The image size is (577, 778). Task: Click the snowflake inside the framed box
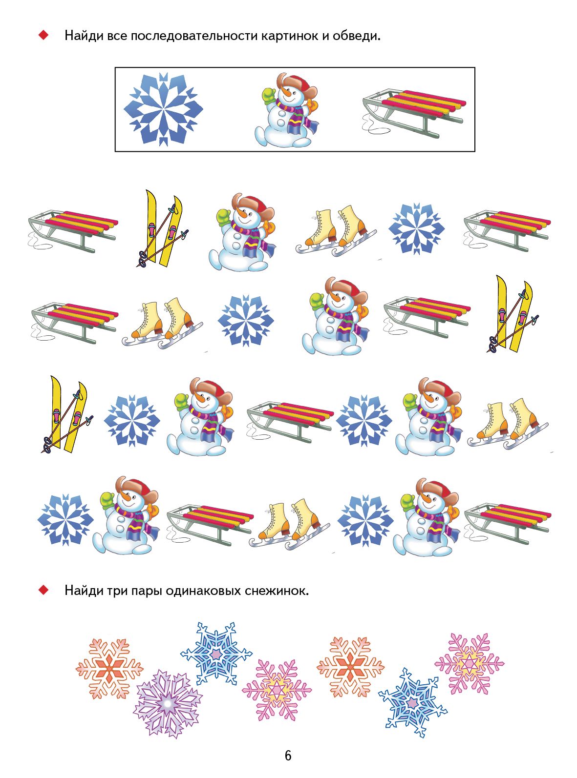pyautogui.click(x=163, y=109)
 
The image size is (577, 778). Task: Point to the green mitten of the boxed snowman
pyautogui.click(x=269, y=95)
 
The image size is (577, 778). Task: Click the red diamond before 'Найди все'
pyautogui.click(x=43, y=35)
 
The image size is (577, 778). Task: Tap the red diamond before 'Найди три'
pyautogui.click(x=43, y=590)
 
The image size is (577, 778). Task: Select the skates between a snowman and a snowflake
pyautogui.click(x=336, y=231)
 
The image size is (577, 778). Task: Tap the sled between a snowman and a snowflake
pyautogui.click(x=290, y=422)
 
